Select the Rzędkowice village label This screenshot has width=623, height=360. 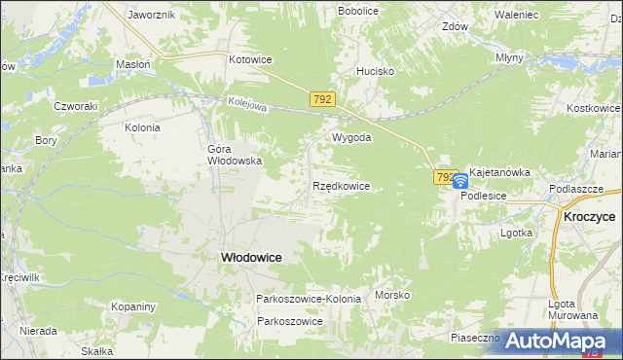(x=341, y=185)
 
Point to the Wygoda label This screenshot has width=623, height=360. (x=352, y=137)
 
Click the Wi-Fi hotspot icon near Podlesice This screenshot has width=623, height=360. (x=460, y=181)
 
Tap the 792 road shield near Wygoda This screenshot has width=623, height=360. (x=323, y=99)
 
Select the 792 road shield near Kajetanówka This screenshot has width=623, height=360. (x=445, y=177)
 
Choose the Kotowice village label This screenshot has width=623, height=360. (x=250, y=59)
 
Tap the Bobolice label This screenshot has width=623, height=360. (x=358, y=11)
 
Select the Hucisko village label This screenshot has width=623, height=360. (x=375, y=71)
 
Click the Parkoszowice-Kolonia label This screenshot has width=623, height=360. (x=309, y=299)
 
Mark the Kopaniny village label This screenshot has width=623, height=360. (x=133, y=306)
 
